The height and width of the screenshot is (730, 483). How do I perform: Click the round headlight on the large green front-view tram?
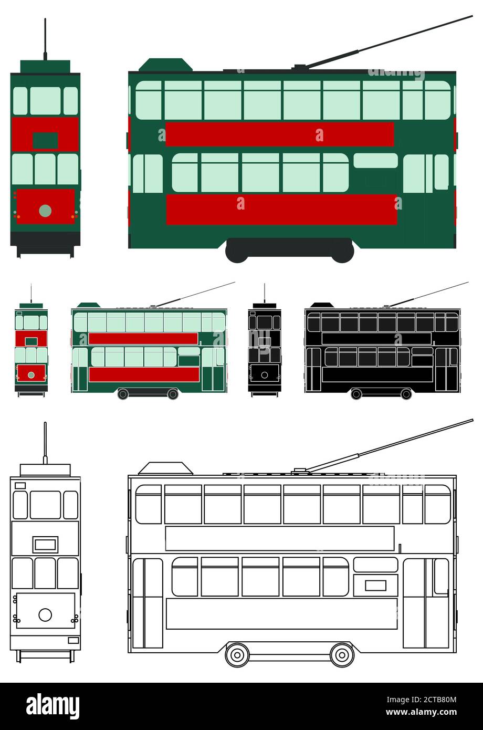45,211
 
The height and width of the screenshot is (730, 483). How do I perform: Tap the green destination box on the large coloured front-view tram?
45,140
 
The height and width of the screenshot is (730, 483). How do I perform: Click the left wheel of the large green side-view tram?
237,252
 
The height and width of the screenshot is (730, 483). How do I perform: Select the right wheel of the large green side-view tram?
342,252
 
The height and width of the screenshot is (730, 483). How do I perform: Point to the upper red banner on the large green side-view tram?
279,134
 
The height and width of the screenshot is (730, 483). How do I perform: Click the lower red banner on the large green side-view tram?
281,210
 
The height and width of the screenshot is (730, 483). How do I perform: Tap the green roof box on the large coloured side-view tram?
165,65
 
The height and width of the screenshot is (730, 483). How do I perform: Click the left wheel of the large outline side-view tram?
237,654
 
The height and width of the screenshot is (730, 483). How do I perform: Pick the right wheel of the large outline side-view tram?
342,654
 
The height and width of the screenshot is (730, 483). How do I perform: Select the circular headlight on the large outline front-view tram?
45,614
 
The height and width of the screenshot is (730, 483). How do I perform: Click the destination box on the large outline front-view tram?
45,544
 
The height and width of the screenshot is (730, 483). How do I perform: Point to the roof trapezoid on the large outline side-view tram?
165,468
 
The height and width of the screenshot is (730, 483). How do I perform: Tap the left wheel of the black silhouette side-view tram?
356,394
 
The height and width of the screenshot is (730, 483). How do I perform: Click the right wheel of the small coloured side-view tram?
173,394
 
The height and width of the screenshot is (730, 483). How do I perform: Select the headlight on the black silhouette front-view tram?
264,375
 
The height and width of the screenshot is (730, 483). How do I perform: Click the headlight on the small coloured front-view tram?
31,375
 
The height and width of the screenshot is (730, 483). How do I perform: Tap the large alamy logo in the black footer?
52,706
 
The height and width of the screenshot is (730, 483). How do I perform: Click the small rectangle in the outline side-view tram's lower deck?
375,585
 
